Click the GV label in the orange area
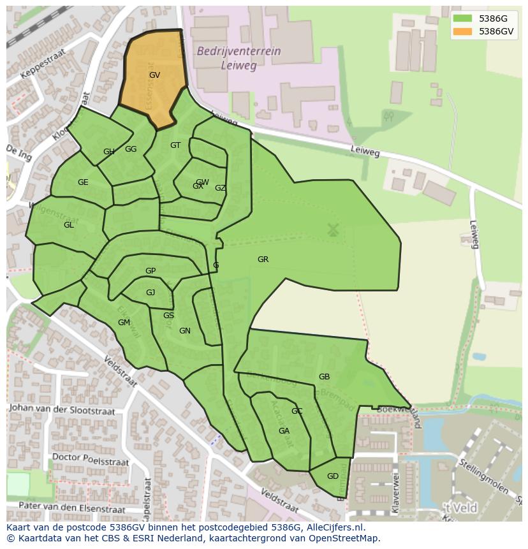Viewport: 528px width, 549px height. [154, 75]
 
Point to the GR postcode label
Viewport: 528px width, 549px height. [263, 260]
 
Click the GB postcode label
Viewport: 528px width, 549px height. [324, 377]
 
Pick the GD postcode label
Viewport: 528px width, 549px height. [332, 476]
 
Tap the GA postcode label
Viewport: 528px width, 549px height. [284, 431]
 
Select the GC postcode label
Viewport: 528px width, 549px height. [297, 411]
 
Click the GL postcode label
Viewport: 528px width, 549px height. [69, 225]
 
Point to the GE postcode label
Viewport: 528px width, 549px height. [83, 182]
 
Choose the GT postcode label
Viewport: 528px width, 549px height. [175, 145]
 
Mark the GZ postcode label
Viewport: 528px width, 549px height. [220, 188]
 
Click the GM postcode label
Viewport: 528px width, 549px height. [124, 323]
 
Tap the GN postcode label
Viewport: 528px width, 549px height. [185, 331]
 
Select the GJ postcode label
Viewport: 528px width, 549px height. [150, 293]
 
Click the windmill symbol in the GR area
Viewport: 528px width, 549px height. [332, 230]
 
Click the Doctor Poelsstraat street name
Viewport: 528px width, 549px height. [90, 459]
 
